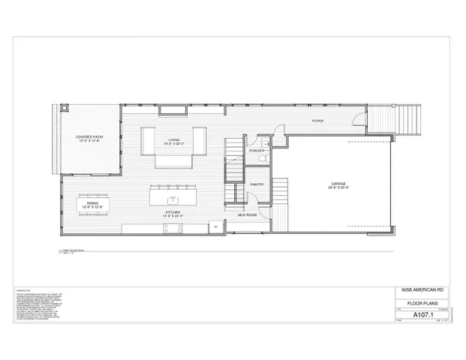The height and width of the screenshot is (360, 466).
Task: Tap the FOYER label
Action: [x=317, y=121]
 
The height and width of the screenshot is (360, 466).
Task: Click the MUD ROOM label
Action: [x=248, y=215]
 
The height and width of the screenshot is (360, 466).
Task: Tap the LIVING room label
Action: [x=174, y=141]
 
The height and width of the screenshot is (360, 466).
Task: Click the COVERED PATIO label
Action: [x=89, y=139]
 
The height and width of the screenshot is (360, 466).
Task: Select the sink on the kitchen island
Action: [x=173, y=199]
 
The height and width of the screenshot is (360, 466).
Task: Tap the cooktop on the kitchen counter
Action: [x=214, y=225]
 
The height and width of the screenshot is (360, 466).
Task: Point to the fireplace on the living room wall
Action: [x=174, y=112]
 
